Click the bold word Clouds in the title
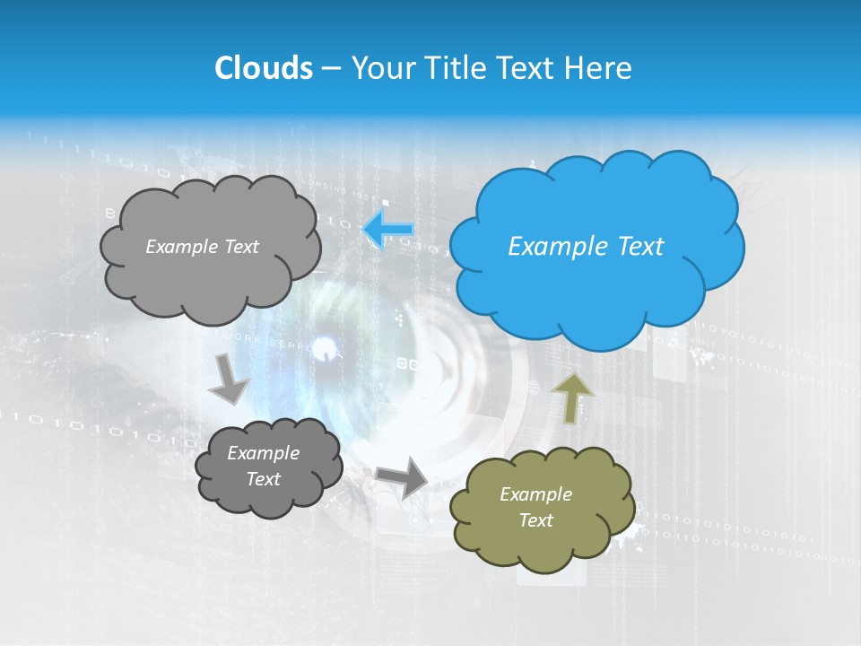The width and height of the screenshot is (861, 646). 263,68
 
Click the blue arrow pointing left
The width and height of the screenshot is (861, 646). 388,230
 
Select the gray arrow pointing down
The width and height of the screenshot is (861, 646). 230,380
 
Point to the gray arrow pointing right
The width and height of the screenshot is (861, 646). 403,477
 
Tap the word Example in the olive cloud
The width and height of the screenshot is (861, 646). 535,494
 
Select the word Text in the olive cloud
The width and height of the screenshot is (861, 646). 535,520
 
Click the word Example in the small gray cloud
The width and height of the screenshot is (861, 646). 263,453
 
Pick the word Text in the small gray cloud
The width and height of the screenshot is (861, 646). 263,479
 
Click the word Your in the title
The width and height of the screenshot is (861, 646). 378,68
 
